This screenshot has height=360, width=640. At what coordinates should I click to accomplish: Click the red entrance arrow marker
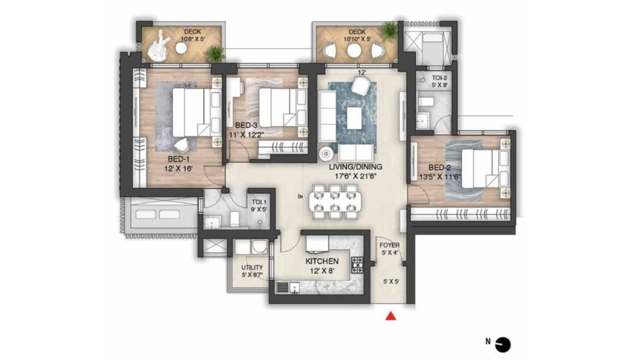pyautogui.click(x=392, y=316)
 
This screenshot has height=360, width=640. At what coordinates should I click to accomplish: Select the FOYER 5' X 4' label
pyautogui.click(x=389, y=249)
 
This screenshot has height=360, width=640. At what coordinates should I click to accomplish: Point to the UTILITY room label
pyautogui.click(x=252, y=271)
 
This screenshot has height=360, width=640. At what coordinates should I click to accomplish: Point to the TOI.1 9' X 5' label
pyautogui.click(x=259, y=206)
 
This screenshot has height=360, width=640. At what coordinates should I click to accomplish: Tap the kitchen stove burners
pyautogui.click(x=357, y=265)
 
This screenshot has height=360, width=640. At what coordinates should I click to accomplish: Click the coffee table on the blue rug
pyautogui.click(x=354, y=118)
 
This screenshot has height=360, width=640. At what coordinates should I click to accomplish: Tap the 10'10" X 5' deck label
pyautogui.click(x=357, y=36)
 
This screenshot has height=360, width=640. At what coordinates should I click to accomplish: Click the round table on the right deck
pyautogui.click(x=354, y=50)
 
